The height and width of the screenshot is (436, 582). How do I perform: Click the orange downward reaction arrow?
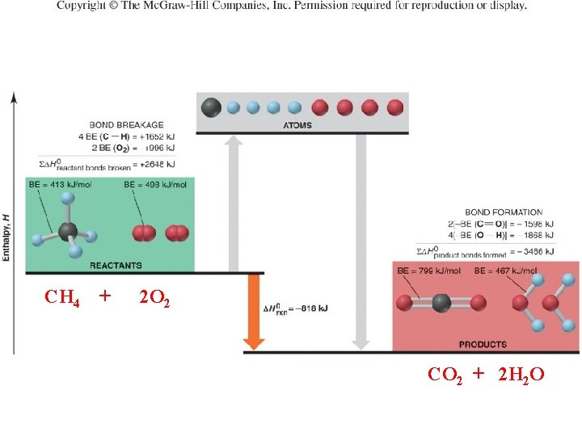click(254, 311)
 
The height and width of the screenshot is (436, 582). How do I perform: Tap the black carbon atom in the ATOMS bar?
click(211, 106)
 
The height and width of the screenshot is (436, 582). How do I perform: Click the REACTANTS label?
click(116, 265)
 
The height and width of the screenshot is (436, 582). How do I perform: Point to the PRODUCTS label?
click(483, 344)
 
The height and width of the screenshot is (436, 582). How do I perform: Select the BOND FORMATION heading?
click(504, 212)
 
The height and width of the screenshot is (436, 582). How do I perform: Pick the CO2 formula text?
click(445, 375)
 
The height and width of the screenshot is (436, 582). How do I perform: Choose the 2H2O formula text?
click(521, 375)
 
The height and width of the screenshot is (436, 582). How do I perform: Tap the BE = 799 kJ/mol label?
click(428, 271)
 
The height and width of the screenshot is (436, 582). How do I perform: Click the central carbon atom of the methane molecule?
click(68, 233)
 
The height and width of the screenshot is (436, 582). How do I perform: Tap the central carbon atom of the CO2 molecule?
click(441, 304)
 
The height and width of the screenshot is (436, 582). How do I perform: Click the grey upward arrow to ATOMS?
click(234, 202)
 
